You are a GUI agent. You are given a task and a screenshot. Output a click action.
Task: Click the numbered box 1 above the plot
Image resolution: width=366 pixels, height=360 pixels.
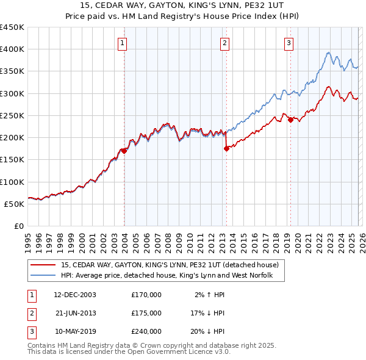click(x=123, y=43)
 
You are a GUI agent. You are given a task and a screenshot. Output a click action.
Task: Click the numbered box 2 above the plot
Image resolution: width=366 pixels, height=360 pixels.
click(x=225, y=43)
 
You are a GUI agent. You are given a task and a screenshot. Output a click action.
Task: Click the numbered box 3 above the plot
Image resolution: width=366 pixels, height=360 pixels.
click(x=289, y=43)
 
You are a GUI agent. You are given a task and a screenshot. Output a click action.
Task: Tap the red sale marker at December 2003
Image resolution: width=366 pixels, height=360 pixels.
click(x=124, y=151)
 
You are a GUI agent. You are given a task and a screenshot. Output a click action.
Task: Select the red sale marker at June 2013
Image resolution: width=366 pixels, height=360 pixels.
click(x=226, y=148)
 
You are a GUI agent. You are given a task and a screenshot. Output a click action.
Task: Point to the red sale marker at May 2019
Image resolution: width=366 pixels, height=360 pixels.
click(x=290, y=120)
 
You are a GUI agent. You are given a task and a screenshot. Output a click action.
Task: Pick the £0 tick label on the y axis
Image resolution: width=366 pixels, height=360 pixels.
click(x=20, y=226)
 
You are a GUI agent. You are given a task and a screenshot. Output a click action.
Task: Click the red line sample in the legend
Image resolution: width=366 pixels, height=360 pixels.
click(x=43, y=265)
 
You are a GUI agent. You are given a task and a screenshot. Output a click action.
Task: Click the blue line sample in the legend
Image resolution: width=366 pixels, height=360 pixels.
click(x=43, y=276)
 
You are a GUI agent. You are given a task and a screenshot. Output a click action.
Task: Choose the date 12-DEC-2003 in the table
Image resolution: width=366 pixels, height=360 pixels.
click(x=75, y=295)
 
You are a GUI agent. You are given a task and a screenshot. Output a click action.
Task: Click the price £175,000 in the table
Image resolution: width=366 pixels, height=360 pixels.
click(x=146, y=313)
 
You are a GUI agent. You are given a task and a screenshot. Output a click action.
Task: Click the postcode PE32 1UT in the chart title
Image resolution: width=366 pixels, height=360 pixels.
click(x=262, y=5)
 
